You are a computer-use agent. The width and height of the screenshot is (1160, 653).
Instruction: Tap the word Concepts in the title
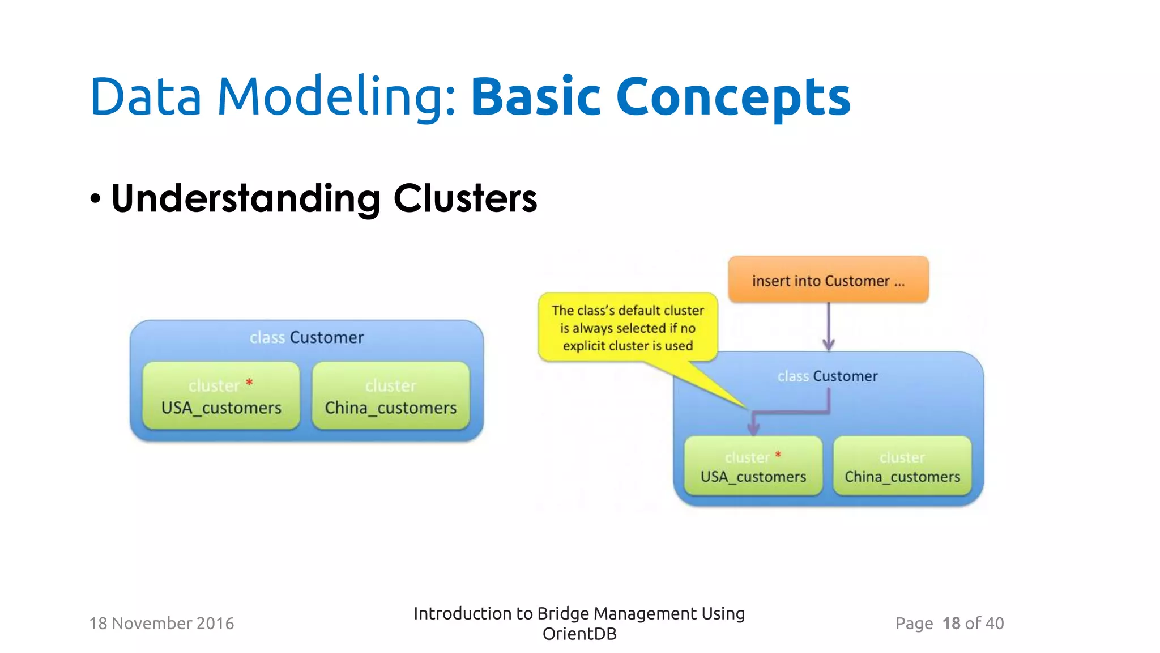click(733, 97)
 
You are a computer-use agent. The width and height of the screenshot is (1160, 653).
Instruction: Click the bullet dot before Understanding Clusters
click(95, 199)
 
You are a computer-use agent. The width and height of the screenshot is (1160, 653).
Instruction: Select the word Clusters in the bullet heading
click(465, 199)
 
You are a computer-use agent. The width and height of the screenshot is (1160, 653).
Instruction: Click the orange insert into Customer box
click(828, 280)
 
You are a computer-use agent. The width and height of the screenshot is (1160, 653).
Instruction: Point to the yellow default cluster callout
click(628, 328)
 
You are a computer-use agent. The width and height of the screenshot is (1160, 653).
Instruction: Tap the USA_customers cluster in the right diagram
click(753, 467)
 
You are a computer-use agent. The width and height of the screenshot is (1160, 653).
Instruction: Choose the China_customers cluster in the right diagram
click(902, 467)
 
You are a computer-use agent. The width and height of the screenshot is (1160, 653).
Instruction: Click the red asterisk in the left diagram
click(249, 383)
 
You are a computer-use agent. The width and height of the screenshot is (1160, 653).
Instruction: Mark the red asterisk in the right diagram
click(778, 454)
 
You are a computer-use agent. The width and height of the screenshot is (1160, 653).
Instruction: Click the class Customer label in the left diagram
click(306, 337)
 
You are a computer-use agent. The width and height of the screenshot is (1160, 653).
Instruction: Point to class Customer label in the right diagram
click(828, 376)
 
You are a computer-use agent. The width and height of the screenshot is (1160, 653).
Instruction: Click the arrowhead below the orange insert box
click(828, 344)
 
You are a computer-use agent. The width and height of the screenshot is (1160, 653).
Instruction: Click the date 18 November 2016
click(161, 624)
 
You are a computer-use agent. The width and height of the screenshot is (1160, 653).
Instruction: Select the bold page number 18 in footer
click(951, 624)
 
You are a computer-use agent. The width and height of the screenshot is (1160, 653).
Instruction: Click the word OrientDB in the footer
click(579, 634)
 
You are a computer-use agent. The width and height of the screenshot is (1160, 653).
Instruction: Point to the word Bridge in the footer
click(563, 613)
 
